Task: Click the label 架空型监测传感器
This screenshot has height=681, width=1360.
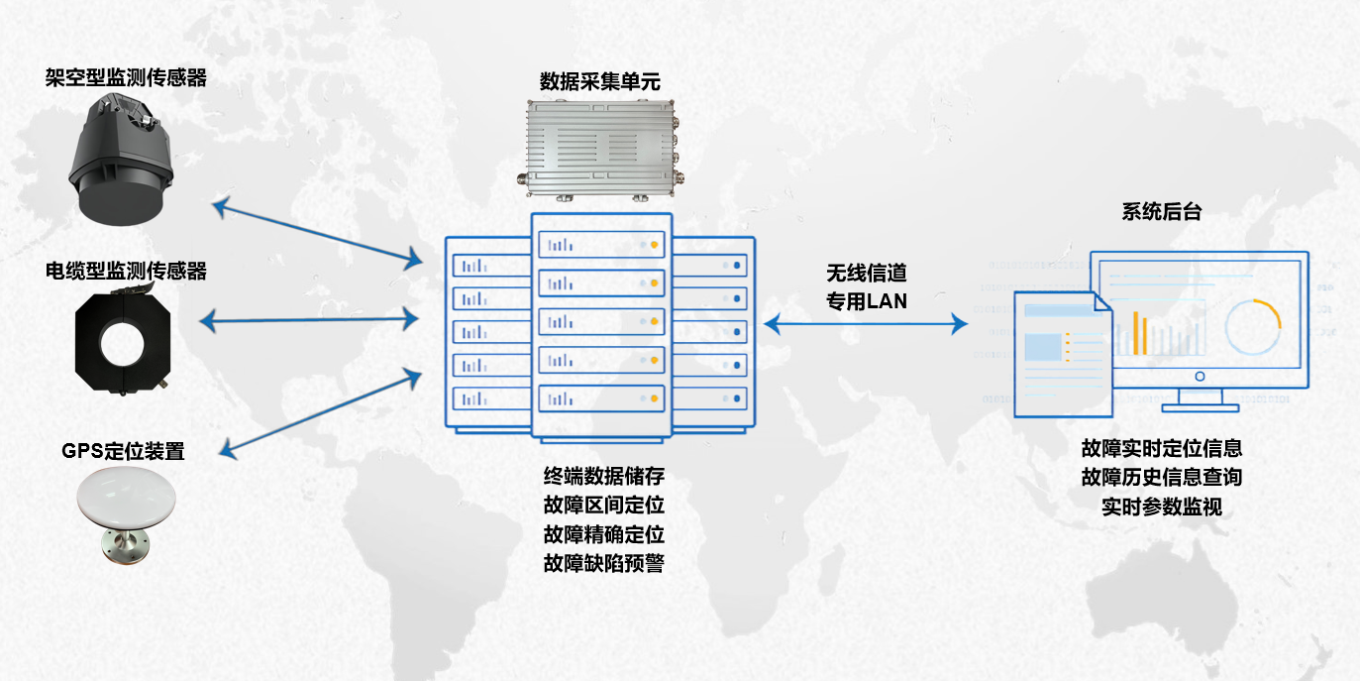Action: [x=126, y=78]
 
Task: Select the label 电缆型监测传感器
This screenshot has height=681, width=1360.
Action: [x=126, y=271]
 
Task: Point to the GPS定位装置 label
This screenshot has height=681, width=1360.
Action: [x=123, y=452]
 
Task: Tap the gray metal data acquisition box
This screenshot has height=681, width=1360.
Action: [x=601, y=149]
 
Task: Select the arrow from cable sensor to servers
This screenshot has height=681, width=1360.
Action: [x=310, y=320]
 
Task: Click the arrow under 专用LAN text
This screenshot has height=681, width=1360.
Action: [x=865, y=323]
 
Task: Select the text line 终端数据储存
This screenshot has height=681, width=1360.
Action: [x=603, y=475]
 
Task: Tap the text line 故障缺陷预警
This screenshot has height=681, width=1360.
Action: [x=603, y=564]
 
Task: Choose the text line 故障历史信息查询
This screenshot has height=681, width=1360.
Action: [x=1162, y=477]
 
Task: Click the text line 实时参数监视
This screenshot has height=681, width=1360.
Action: [x=1162, y=507]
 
